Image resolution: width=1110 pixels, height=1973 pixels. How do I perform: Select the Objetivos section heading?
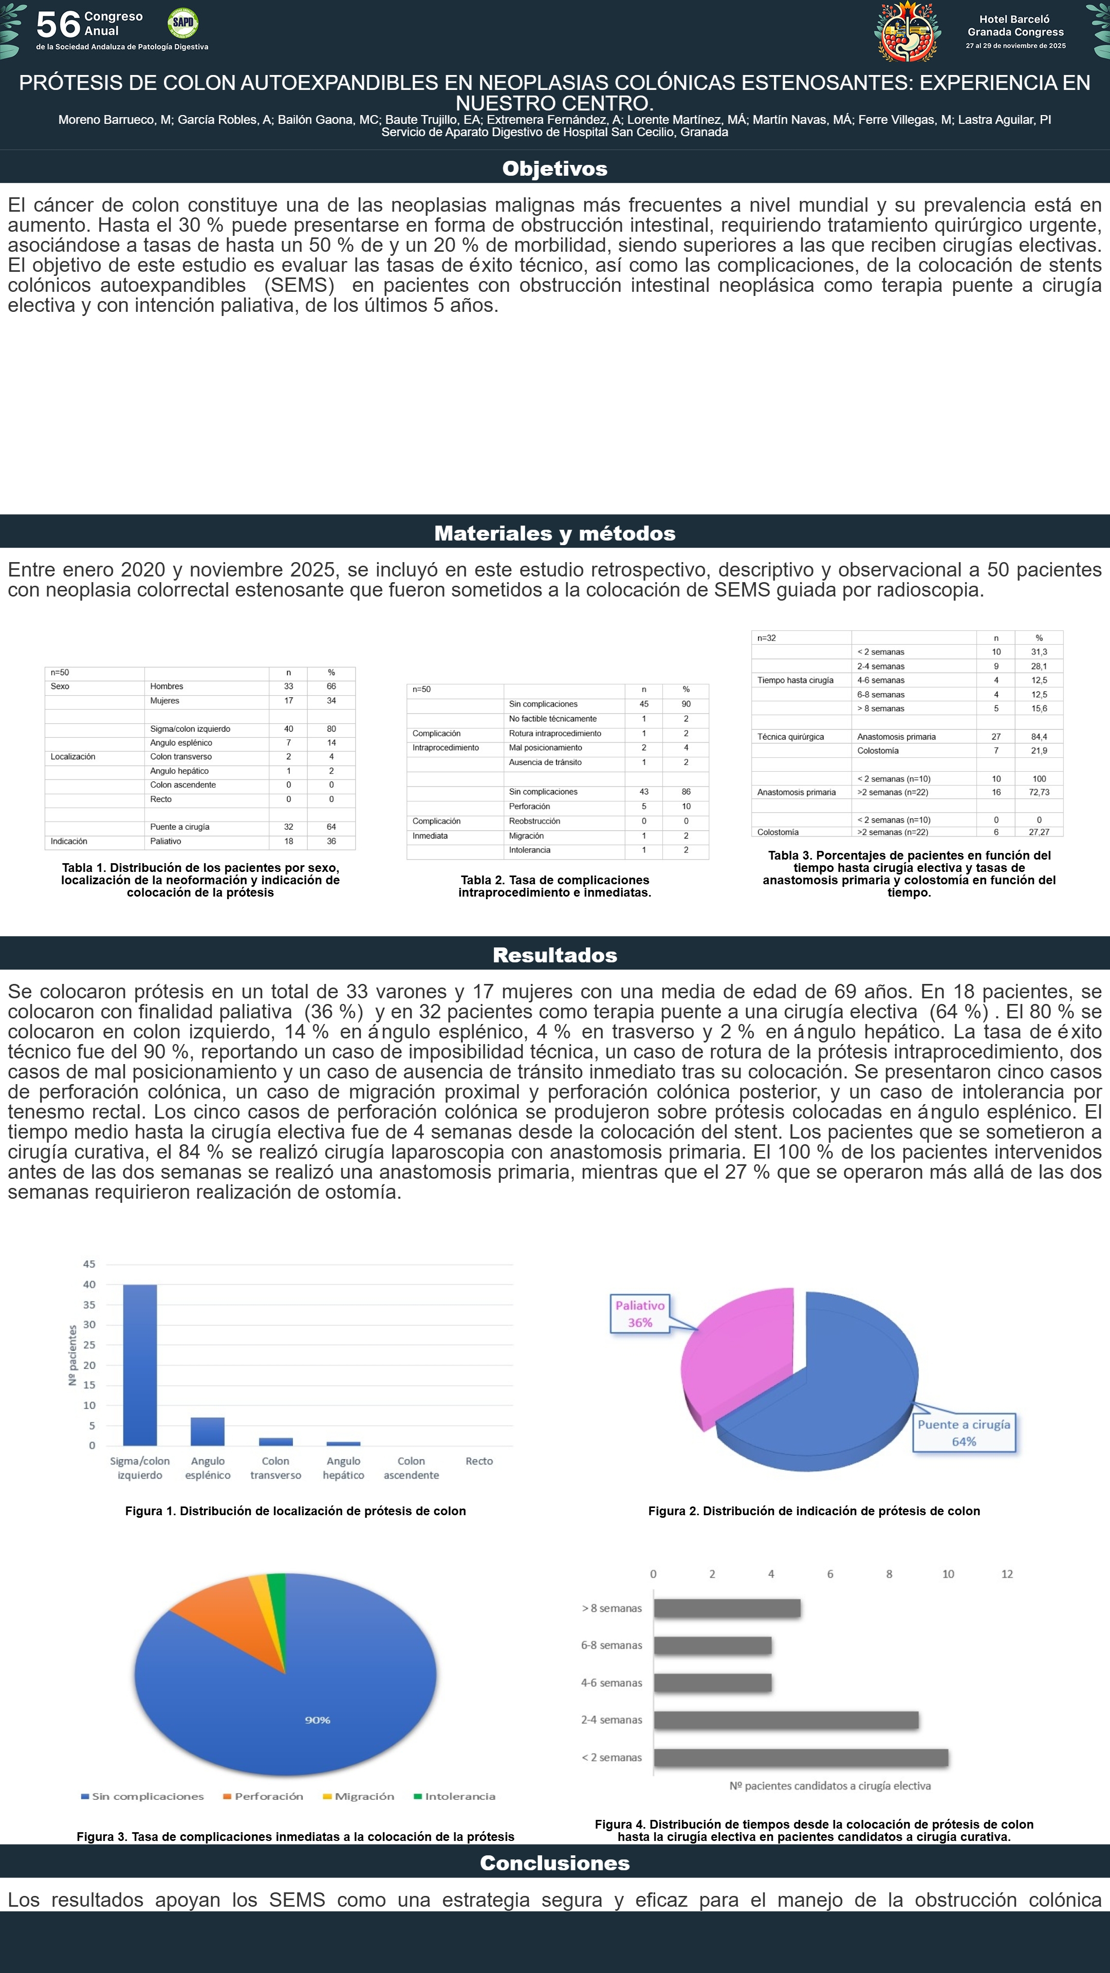click(554, 169)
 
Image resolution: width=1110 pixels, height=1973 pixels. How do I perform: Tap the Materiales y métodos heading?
click(554, 533)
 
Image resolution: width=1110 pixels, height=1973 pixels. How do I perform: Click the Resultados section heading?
click(554, 955)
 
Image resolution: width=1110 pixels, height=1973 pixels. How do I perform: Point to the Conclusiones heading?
click(554, 1863)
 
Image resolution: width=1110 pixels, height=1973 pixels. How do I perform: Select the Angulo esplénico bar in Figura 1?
click(208, 1431)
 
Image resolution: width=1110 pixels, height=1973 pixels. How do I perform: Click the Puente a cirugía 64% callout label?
click(964, 1432)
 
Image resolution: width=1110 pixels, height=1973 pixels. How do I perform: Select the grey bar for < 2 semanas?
click(801, 1758)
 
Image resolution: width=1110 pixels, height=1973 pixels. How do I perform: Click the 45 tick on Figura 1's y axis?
click(89, 1264)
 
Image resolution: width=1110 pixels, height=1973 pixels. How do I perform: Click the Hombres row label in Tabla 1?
click(166, 686)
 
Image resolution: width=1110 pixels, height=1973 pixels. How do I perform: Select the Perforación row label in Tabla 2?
click(529, 807)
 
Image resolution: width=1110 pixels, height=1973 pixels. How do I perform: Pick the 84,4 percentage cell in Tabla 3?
click(1039, 737)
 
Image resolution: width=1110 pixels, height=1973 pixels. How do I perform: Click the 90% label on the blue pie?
click(317, 1720)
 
